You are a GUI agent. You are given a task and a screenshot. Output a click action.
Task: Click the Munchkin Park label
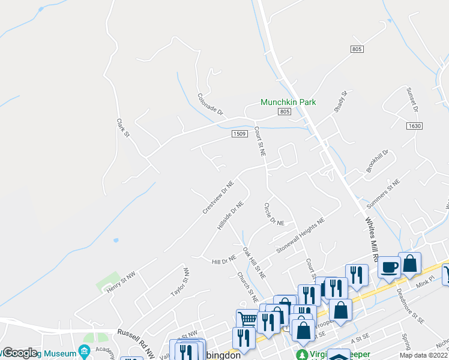[x=288, y=103]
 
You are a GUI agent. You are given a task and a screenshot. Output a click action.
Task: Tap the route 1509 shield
[x=239, y=134]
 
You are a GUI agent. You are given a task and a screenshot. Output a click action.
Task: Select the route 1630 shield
[x=414, y=126]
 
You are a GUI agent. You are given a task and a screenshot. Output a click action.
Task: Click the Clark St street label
[x=123, y=128]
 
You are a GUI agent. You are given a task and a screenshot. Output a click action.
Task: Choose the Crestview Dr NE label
[x=218, y=197]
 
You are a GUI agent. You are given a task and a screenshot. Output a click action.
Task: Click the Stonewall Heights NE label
[x=300, y=235]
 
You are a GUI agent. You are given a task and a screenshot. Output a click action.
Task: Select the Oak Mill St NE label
[x=254, y=262]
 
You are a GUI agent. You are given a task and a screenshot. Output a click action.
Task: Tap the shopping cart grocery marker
[x=247, y=318]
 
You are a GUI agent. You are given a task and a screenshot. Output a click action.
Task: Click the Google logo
[x=19, y=353]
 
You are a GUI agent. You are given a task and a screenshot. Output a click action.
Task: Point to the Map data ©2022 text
[x=424, y=355]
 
